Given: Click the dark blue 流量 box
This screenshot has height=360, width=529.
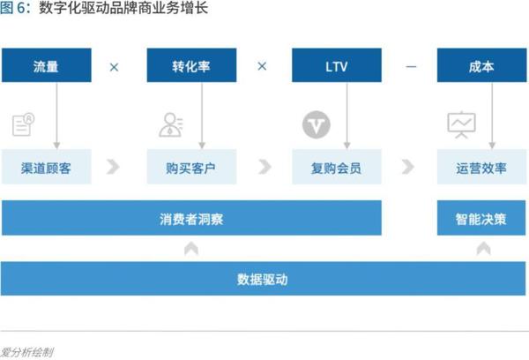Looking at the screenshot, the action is coord(47,65).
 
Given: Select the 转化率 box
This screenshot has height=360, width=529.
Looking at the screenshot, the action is coord(191,65).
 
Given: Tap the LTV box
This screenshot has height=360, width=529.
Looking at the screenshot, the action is coord(337,65).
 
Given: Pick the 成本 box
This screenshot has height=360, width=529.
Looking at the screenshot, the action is coord(481,65).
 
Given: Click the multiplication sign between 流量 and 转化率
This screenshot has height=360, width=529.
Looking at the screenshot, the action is coord(114,67).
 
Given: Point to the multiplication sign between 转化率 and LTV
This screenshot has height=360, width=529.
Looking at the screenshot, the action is coord(262,66).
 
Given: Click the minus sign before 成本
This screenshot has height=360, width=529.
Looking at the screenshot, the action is coord(411,67).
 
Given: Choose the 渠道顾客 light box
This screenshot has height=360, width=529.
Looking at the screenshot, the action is coord(47,167).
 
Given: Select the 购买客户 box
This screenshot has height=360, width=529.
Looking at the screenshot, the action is coord(191,167).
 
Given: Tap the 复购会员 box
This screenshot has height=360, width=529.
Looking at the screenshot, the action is coord(337,167).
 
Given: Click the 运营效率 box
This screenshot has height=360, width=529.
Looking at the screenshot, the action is coord(481,167).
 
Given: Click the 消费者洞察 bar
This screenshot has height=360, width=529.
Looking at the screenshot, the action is coord(191,218).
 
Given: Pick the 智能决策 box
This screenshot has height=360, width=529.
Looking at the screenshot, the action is coord(481,218).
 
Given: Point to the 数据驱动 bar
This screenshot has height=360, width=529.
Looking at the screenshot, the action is coord(263,279).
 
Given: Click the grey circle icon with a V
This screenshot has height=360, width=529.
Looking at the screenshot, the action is coord(317,124).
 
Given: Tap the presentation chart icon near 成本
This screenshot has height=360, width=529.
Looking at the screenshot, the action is coord(461,125).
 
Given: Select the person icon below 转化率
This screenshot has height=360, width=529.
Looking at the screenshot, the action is coord(171,125).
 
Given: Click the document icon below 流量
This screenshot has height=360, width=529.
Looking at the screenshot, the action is coord(23,124).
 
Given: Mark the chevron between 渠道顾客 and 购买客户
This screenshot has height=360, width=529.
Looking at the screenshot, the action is coord(113,167).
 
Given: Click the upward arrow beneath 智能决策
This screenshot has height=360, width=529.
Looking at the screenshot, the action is coord(483,249).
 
